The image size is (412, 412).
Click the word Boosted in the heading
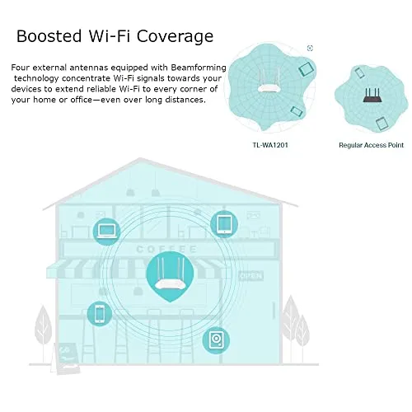tap(49, 36)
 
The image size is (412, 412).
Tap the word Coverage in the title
tap(175, 37)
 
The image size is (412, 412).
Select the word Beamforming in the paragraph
tap(199, 68)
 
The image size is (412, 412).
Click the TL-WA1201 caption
tap(270, 145)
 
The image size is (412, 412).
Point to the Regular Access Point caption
tap(371, 145)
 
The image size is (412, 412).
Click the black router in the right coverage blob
tap(372, 95)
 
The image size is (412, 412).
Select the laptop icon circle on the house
tap(107, 232)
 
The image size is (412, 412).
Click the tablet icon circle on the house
tap(224, 224)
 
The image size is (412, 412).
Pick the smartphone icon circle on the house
tap(100, 314)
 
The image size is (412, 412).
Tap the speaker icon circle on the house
tap(216, 340)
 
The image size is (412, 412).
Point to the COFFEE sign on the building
tap(166, 249)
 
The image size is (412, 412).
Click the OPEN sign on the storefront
tap(251, 275)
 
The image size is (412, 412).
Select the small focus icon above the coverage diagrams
tap(310, 48)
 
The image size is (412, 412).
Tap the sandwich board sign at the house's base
tap(66, 357)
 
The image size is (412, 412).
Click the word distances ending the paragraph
tap(185, 100)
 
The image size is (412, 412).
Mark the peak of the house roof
tap(140, 158)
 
